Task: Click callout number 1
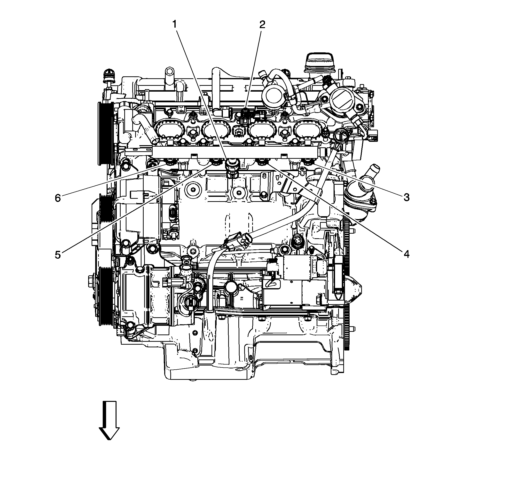pos(175,25)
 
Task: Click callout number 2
pos(262,25)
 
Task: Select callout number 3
pos(406,198)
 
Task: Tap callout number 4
pos(406,254)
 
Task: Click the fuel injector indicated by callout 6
pos(170,163)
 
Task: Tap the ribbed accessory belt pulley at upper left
pos(105,133)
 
